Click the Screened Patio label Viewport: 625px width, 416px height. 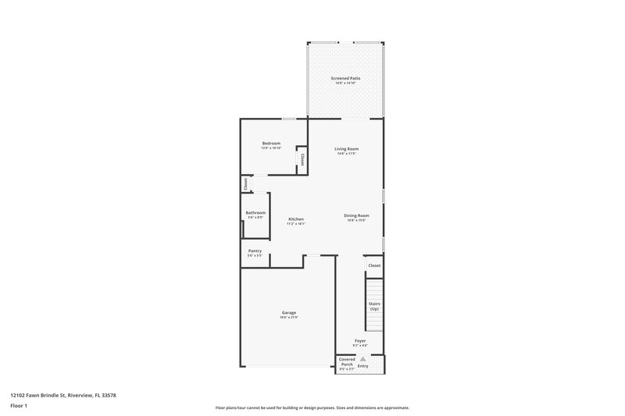pos(345,78)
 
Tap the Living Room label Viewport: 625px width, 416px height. pos(346,148)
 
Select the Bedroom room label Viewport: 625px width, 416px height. pos(271,143)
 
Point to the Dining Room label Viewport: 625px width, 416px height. pos(356,215)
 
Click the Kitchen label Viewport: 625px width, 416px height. pos(296,219)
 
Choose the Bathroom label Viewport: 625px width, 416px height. pos(255,212)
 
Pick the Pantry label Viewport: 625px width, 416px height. pos(255,251)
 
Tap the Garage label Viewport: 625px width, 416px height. pos(289,312)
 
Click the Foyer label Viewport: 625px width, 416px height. pos(360,340)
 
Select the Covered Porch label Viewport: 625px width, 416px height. pos(347,363)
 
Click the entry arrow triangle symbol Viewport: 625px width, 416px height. pos(362,358)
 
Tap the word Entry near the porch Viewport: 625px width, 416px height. pos(362,365)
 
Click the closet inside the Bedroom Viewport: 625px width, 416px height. pos(301,159)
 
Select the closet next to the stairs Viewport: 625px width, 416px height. pos(374,265)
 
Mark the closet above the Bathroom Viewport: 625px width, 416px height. pos(245,184)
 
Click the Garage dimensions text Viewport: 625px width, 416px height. pos(289,318)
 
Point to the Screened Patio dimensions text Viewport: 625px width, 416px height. pos(345,83)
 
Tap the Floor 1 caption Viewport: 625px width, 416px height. pos(18,407)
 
